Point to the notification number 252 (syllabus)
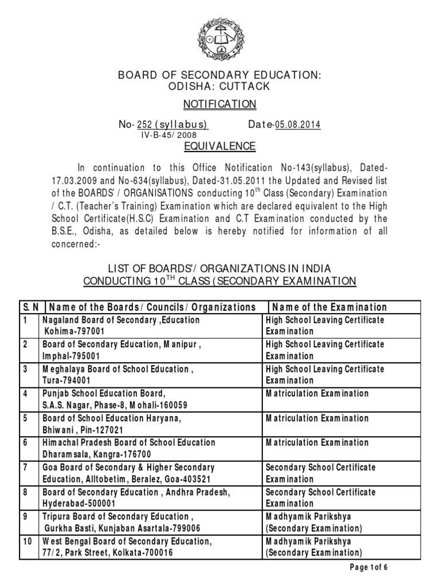(x=175, y=124)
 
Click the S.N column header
(x=30, y=307)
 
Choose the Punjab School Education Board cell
(x=104, y=394)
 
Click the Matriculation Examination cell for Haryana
(x=317, y=418)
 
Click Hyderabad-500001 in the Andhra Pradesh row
(x=78, y=504)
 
